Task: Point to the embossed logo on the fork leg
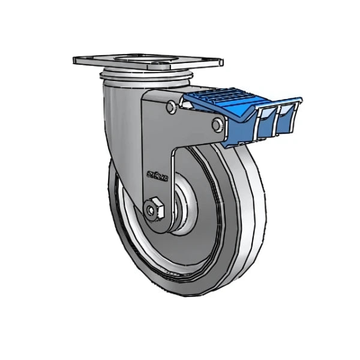point(157,176)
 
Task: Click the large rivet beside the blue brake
point(218,124)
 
